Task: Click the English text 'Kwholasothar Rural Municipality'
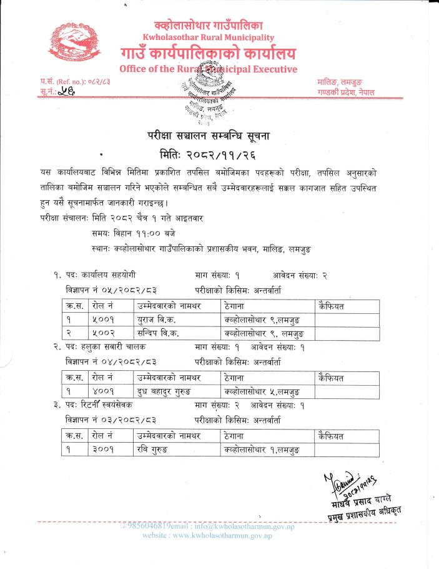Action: (x=208, y=38)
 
